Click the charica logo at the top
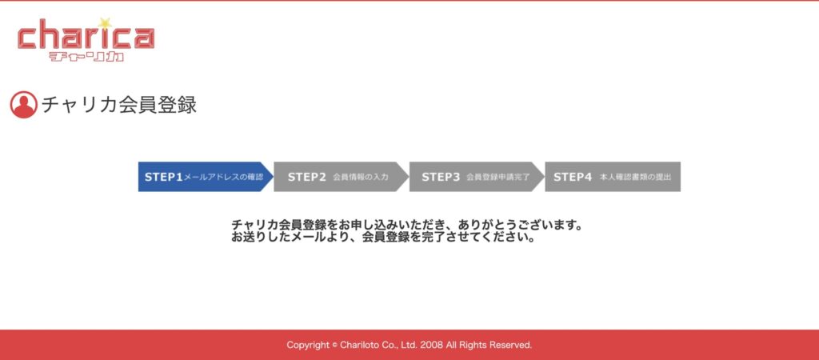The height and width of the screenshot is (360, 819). (x=86, y=40)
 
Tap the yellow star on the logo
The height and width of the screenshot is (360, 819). (x=106, y=23)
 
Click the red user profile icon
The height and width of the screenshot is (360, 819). (x=23, y=105)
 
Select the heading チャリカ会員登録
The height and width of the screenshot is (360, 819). (x=119, y=105)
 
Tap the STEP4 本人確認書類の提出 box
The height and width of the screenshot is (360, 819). (x=613, y=177)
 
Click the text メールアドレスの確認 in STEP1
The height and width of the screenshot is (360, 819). (x=223, y=177)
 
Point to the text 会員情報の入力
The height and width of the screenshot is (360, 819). (x=361, y=177)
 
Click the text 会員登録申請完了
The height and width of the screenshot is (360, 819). (x=497, y=177)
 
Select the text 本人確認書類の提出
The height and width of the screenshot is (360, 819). (x=635, y=177)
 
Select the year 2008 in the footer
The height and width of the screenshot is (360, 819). (x=431, y=345)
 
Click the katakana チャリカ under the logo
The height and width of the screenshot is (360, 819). (x=86, y=57)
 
